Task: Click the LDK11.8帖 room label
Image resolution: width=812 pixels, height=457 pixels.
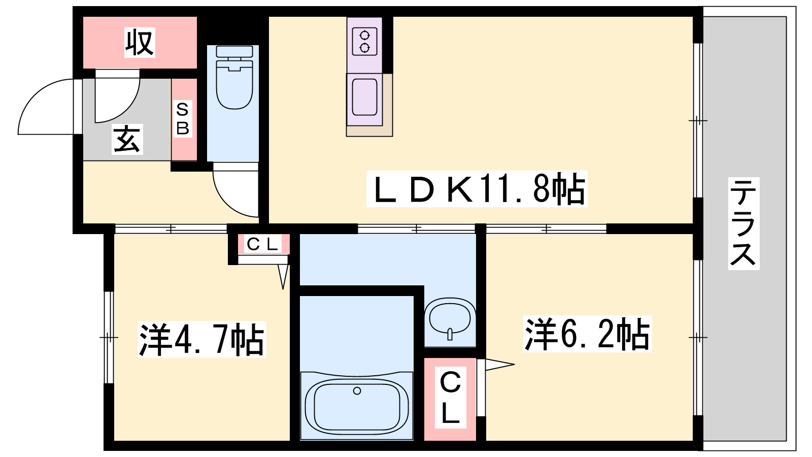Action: (477, 189)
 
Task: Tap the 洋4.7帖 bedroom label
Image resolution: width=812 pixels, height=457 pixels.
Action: (201, 340)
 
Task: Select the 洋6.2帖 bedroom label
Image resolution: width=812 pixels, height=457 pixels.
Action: (587, 334)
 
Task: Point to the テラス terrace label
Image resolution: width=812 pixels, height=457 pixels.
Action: (743, 224)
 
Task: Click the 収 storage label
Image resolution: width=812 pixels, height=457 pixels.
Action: (140, 43)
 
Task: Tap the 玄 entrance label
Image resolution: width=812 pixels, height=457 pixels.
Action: (127, 139)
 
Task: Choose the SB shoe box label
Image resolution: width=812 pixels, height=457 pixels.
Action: (182, 119)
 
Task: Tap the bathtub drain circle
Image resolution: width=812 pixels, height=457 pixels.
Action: (357, 390)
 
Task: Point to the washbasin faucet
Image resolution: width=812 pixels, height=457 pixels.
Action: (450, 334)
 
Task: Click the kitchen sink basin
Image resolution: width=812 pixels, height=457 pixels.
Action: (364, 97)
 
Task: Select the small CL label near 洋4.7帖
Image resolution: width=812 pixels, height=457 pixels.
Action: (263, 244)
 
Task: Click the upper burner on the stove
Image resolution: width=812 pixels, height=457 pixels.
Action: (365, 36)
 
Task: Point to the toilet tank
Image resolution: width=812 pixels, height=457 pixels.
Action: (234, 51)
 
